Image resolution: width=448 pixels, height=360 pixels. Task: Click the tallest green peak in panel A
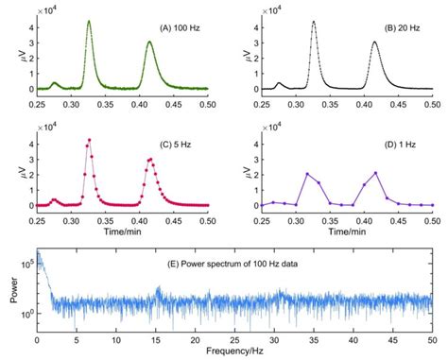[x=89, y=22]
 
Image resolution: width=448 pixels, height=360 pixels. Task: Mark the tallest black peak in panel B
[x=314, y=22]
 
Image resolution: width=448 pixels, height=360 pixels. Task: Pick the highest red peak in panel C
[x=89, y=140]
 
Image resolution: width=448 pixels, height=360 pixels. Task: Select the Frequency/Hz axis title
[x=231, y=352]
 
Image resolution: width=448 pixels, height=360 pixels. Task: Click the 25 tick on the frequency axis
[x=231, y=340]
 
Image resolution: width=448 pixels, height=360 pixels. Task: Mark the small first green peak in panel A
[x=55, y=83]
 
